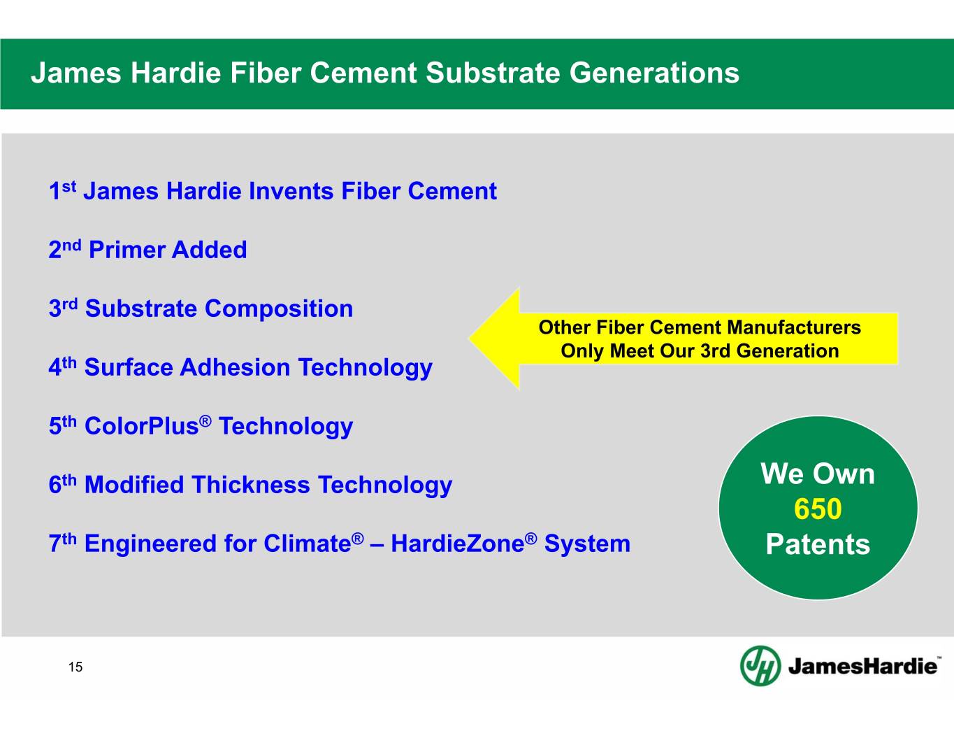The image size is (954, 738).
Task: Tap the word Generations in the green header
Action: coord(655,73)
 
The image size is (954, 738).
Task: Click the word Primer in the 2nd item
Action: coord(127,250)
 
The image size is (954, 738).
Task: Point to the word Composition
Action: coord(279,308)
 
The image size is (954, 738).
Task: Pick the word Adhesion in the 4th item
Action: coord(235,367)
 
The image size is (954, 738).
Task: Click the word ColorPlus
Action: coord(142,426)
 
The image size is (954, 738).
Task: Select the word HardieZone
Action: coord(458,544)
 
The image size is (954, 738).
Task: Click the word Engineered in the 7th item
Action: coord(150,544)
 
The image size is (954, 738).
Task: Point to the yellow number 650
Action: coord(818,509)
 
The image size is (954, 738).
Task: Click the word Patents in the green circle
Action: coord(818,544)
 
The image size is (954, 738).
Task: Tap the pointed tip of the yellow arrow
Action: coord(470,339)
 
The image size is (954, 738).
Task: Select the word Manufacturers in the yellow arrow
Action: coord(794,327)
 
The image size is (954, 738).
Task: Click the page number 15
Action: coord(75,667)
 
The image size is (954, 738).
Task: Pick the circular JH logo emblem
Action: coord(760,666)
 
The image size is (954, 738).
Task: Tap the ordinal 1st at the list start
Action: coord(62,191)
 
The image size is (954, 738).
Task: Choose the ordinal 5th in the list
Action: coord(62,426)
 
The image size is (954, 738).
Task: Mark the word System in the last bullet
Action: coord(587,544)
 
